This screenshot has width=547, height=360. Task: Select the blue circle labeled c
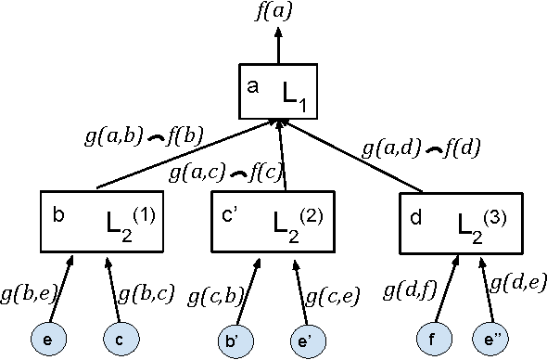(x=121, y=336)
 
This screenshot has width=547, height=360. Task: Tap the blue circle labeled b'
(x=238, y=336)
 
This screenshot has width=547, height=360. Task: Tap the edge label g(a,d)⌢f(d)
(x=421, y=148)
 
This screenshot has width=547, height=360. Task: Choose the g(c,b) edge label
(x=216, y=297)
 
